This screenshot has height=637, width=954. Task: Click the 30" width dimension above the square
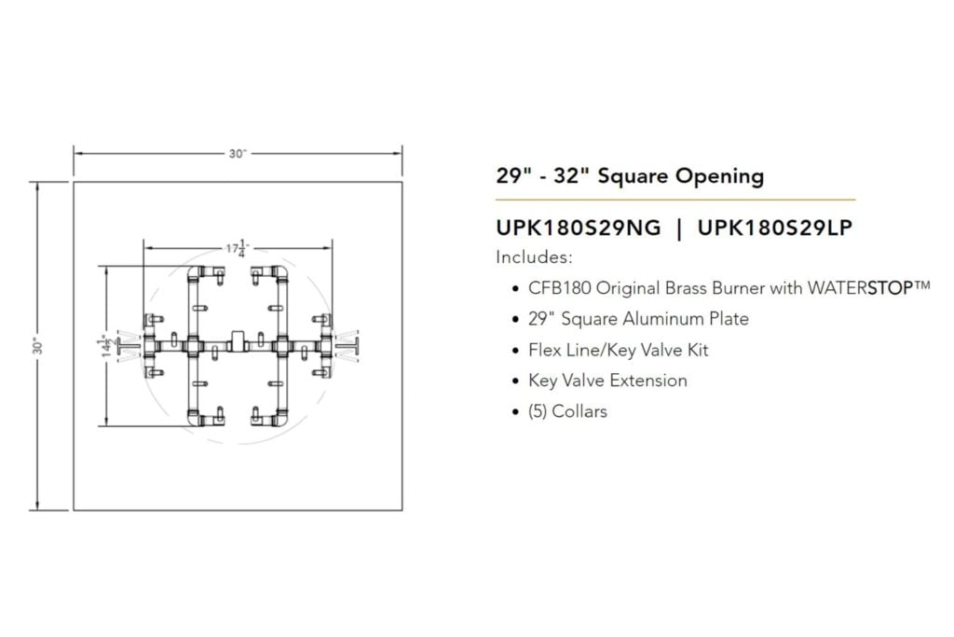click(238, 154)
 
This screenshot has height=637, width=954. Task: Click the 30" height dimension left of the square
click(38, 347)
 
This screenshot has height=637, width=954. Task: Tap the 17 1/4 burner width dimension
click(238, 248)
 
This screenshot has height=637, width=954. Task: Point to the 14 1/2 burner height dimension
click(107, 346)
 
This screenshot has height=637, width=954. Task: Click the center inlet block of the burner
click(238, 340)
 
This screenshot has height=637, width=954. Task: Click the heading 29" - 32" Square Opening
click(630, 176)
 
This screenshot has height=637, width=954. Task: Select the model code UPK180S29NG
click(578, 228)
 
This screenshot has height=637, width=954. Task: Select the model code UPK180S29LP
click(774, 228)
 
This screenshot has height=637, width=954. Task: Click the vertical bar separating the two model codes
click(679, 228)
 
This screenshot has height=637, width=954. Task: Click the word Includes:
click(534, 257)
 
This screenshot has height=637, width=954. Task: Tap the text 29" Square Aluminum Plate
click(638, 319)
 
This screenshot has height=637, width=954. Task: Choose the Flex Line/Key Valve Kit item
click(619, 350)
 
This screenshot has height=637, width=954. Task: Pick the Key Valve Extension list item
click(607, 381)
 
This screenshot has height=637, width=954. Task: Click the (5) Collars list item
click(567, 411)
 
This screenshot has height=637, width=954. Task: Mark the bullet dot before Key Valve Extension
click(516, 381)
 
